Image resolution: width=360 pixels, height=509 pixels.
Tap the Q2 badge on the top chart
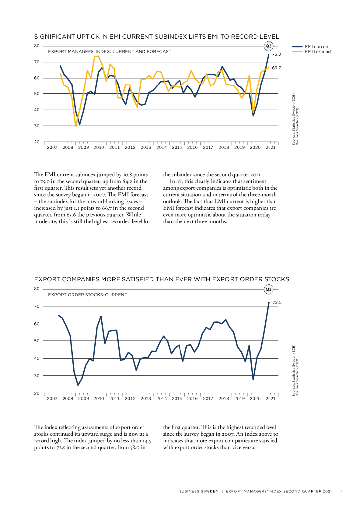pos(269,46)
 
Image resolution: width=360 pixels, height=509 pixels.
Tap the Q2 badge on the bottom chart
pos(269,289)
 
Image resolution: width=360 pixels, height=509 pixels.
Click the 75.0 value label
pos(277,54)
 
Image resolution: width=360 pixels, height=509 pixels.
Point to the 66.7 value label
pos(277,67)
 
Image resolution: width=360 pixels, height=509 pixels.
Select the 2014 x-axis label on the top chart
pos(161,148)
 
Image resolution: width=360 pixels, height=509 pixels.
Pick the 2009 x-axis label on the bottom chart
pos(83,399)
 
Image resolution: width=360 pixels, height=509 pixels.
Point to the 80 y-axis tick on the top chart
pos(36,46)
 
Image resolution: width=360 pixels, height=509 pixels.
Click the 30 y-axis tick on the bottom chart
pos(36,376)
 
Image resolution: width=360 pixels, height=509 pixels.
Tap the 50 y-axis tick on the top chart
pos(36,94)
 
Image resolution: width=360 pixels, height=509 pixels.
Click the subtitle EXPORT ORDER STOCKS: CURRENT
pos(88,295)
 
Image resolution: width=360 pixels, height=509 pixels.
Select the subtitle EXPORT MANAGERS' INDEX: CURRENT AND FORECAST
pos(109,51)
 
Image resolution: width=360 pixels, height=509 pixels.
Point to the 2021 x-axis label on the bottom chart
pos(270,399)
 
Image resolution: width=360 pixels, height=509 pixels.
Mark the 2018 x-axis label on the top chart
pos(224,148)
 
